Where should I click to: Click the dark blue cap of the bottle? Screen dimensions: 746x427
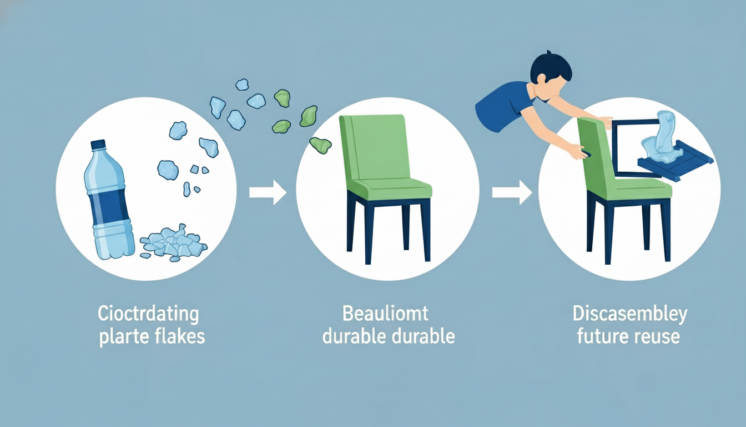(98, 144)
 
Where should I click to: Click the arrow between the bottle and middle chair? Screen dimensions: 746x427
(268, 192)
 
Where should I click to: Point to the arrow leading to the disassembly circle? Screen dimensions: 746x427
(512, 192)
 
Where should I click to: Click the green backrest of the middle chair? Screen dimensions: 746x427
(373, 148)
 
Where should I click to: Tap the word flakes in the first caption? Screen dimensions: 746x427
(179, 336)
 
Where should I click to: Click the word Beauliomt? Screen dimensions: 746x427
(385, 314)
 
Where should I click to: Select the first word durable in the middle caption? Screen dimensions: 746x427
(354, 336)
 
